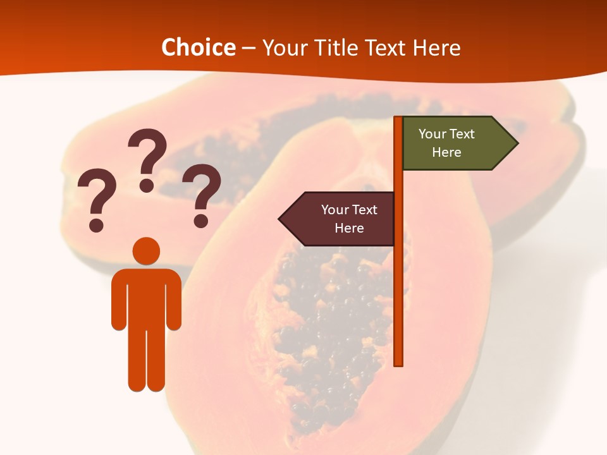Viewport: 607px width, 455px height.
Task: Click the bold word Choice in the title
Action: pyautogui.click(x=198, y=47)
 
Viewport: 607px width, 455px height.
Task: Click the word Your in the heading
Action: pyautogui.click(x=283, y=48)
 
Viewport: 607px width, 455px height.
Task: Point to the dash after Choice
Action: pyautogui.click(x=249, y=49)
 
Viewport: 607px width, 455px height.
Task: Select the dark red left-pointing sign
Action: pyautogui.click(x=341, y=219)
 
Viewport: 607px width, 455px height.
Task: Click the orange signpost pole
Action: pyautogui.click(x=398, y=303)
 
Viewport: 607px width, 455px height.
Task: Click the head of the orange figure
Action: pyautogui.click(x=146, y=251)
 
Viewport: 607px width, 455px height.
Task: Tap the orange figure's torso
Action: pyautogui.click(x=146, y=297)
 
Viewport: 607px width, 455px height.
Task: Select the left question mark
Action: pyautogui.click(x=95, y=197)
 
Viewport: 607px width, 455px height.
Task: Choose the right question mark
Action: pyautogui.click(x=201, y=193)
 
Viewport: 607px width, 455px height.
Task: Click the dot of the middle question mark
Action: pyautogui.click(x=147, y=185)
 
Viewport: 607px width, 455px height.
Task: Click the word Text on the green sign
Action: pyautogui.click(x=462, y=134)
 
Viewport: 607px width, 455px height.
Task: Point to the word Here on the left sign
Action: pyautogui.click(x=349, y=228)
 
